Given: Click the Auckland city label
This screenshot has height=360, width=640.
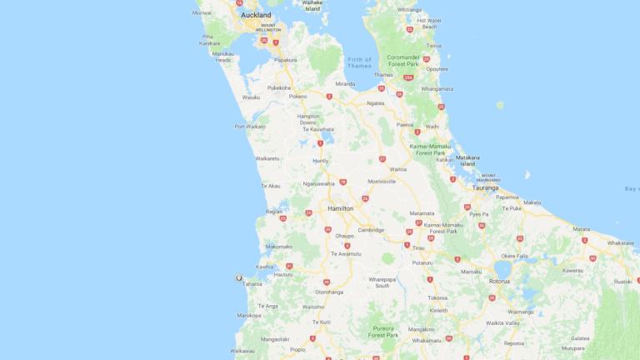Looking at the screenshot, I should (x=255, y=15).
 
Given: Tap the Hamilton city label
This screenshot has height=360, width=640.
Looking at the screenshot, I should (x=341, y=208).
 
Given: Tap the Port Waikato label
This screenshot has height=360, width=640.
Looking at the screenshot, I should (x=250, y=127).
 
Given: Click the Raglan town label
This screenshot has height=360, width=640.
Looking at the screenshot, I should (x=273, y=212).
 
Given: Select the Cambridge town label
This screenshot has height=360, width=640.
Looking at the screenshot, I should (x=371, y=230).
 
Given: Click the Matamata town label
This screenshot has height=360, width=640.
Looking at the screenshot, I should (x=422, y=213).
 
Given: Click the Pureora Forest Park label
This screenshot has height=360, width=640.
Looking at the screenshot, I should (x=383, y=332).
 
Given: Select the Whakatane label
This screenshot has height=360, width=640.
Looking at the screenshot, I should (x=620, y=242).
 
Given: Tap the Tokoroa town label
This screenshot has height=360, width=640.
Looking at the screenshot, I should (x=437, y=297).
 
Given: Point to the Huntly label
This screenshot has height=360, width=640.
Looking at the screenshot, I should (x=321, y=160).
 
